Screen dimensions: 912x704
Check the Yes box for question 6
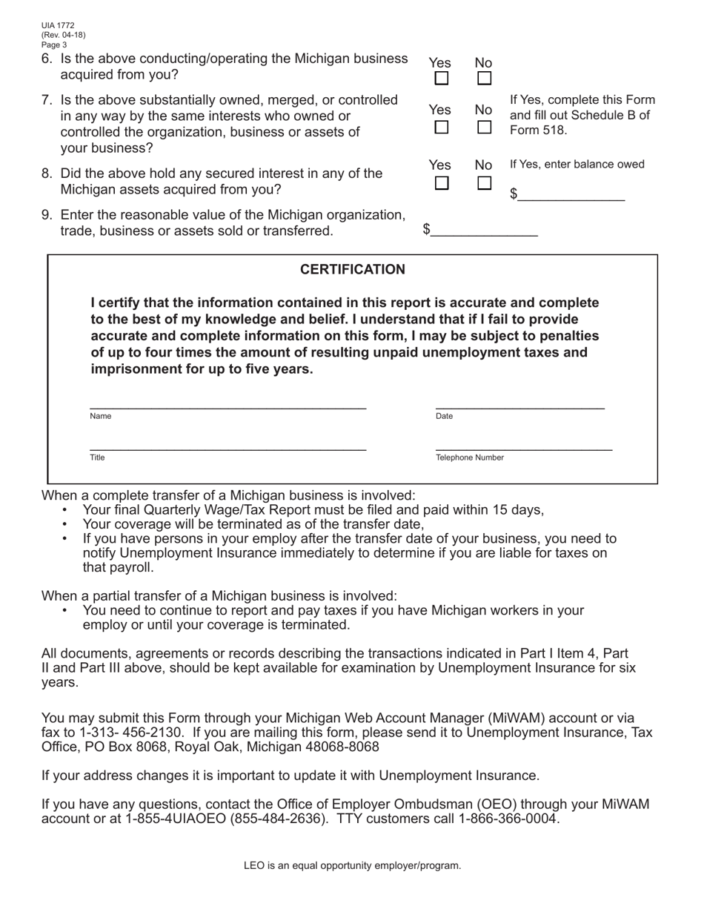pyautogui.click(x=441, y=78)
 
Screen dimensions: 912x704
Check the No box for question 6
pyautogui.click(x=484, y=78)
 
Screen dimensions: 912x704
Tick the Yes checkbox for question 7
pyautogui.click(x=441, y=128)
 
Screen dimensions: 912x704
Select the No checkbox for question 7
pyautogui.click(x=484, y=128)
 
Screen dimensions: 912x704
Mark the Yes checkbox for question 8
pyautogui.click(x=441, y=182)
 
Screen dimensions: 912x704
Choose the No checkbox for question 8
pyautogui.click(x=484, y=182)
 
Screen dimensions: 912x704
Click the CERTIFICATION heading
pyautogui.click(x=352, y=270)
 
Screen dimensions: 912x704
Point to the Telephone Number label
pyautogui.click(x=470, y=458)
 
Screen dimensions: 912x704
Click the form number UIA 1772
pyautogui.click(x=58, y=25)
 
